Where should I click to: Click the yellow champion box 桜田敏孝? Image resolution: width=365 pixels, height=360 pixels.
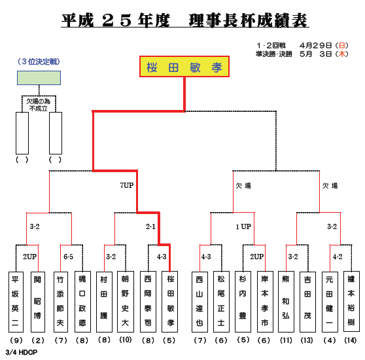tap(184, 66)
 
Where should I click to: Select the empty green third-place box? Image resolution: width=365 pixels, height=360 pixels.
tap(39, 78)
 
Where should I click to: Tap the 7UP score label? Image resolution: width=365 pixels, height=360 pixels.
tap(127, 185)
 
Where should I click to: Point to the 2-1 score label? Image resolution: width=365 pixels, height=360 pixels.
tap(150, 226)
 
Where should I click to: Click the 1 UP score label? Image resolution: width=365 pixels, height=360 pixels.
tap(243, 226)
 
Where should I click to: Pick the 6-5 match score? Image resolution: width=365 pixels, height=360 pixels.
tap(68, 257)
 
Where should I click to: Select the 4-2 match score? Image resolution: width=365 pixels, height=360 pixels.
tap(338, 257)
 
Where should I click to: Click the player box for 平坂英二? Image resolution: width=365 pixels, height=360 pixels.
tap(16, 302)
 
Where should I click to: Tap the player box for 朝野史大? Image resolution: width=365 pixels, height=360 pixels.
tap(126, 302)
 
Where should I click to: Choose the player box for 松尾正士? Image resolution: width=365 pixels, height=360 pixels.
tap(221, 302)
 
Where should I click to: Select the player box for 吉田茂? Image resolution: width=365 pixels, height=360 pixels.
tap(307, 302)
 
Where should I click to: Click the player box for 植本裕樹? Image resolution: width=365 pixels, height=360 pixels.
tap(351, 301)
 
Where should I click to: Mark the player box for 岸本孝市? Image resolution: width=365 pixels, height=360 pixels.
tap(265, 302)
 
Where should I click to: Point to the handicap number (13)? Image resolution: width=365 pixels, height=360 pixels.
tap(307, 340)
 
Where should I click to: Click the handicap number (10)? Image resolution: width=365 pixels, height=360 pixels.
tap(126, 340)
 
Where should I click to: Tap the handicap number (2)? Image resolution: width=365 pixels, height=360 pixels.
tap(38, 340)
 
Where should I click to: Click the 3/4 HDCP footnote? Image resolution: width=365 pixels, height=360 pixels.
tap(22, 352)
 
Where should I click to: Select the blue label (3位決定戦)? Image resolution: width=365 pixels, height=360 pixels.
tap(39, 62)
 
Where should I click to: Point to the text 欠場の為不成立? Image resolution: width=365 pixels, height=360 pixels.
tap(38, 105)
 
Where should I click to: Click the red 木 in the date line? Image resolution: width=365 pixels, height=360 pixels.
tap(341, 54)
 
